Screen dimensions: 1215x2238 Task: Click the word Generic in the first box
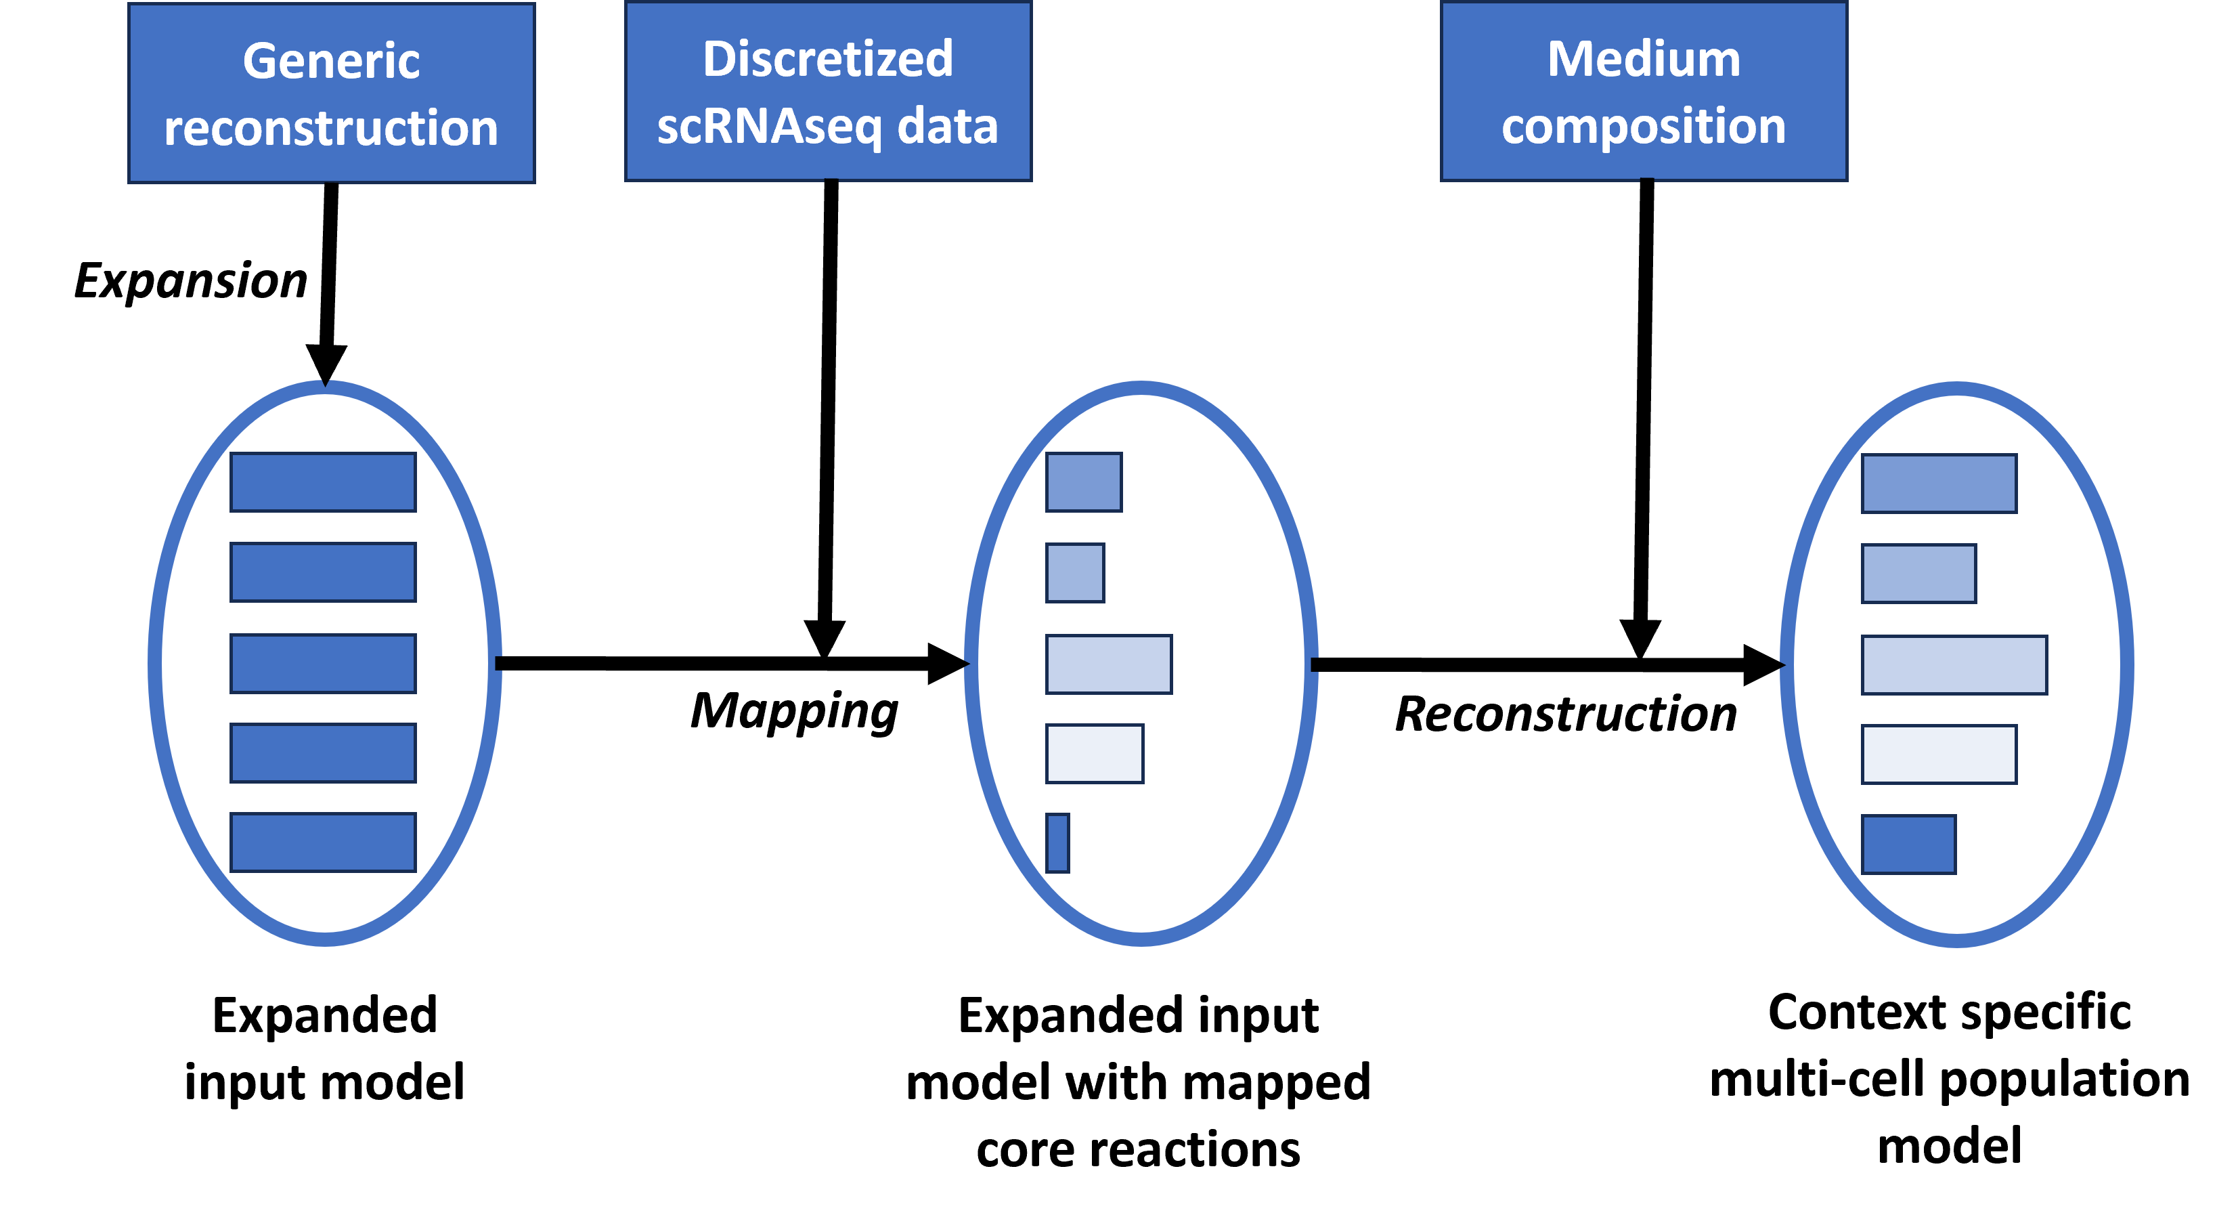tap(331, 61)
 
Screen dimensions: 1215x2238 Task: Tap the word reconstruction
tap(331, 128)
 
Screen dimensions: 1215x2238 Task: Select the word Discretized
tap(828, 59)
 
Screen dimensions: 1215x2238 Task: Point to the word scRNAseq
tap(769, 127)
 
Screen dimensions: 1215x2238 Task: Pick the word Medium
tap(1644, 59)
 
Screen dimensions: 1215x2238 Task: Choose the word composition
tap(1644, 127)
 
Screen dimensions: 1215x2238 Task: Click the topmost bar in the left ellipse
tap(323, 482)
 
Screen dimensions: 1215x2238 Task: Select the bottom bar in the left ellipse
tap(323, 842)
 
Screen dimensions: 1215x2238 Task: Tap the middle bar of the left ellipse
tap(323, 664)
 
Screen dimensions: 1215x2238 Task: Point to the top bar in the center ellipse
tap(1083, 482)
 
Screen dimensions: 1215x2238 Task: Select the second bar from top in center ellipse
tap(1075, 573)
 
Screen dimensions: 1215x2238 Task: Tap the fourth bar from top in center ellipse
tap(1095, 754)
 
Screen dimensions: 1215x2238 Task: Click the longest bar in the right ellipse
tap(1954, 665)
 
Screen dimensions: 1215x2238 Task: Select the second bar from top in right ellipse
tap(1919, 574)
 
